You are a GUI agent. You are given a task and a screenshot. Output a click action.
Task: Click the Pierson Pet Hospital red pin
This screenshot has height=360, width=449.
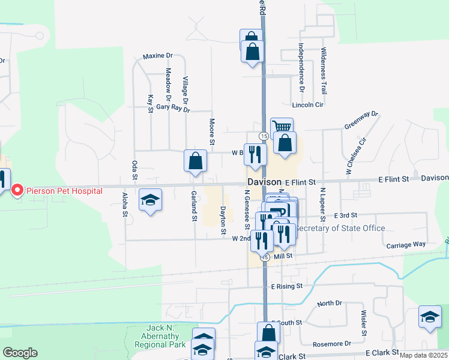pos(17,191)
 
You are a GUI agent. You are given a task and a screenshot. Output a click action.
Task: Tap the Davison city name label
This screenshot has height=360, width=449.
pos(264,182)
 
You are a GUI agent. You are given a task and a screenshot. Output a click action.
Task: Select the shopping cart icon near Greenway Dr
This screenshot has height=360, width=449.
pos(282,127)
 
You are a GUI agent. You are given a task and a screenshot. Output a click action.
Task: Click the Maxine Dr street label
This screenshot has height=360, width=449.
pos(158,56)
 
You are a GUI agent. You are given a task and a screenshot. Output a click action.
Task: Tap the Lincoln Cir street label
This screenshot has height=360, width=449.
pos(308,104)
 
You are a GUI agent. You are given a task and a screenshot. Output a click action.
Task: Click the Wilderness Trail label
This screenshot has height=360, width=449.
pos(324,71)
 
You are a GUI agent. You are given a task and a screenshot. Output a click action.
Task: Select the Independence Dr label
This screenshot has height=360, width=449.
pos(302,67)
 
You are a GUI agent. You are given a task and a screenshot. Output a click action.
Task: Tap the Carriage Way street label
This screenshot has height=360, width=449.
pos(406,245)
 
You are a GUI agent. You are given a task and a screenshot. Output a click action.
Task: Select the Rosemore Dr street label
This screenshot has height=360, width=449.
pos(332,344)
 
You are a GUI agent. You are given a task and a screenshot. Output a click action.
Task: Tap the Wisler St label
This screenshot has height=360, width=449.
pos(364,323)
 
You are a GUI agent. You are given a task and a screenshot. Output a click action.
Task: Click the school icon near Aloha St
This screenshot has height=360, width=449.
pos(150,200)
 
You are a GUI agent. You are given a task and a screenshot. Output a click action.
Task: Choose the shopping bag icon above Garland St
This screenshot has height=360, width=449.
pos(195,161)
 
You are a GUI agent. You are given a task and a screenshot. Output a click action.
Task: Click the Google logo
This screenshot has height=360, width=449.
pos(20,353)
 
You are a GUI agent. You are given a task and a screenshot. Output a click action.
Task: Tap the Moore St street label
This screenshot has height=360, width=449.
pos(212,131)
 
